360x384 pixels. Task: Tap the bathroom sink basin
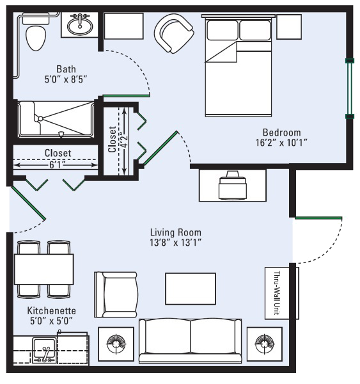point(80,26)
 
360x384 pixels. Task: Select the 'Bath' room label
point(66,69)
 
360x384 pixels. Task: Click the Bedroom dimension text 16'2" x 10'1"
point(281,142)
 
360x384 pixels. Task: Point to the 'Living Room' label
point(176,232)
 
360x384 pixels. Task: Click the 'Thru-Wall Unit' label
point(277,293)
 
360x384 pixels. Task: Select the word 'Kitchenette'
point(51,311)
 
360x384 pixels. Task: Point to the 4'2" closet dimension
point(125,141)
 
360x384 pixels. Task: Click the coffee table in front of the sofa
point(191,289)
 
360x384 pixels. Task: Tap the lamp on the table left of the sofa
point(116,344)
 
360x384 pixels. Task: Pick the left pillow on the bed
point(223,30)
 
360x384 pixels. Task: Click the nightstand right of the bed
point(289,27)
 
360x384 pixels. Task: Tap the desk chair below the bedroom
point(232,185)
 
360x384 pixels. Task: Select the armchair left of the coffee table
point(116,294)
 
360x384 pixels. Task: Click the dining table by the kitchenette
point(44,269)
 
